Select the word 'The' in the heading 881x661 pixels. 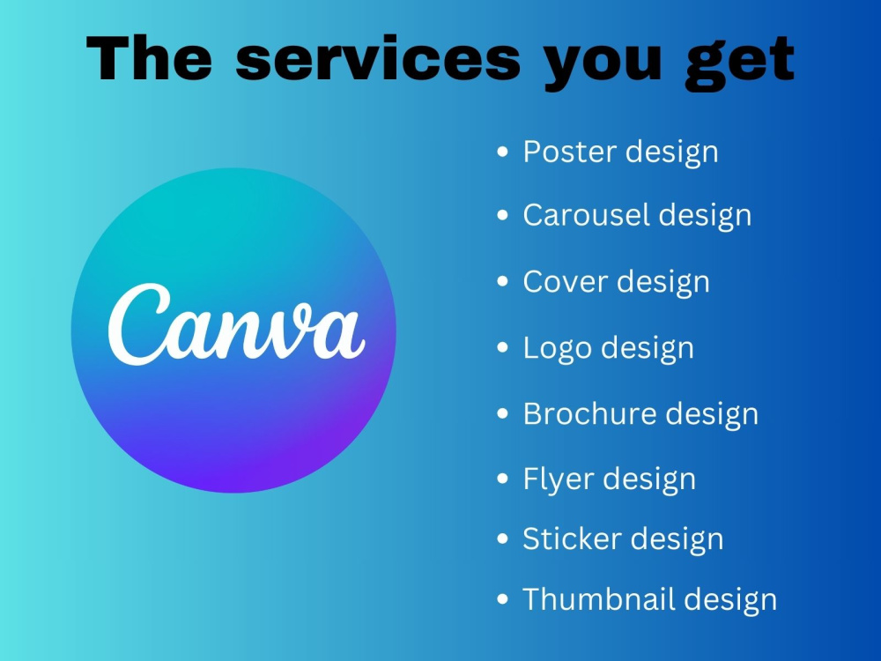150,59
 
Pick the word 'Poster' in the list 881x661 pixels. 569,151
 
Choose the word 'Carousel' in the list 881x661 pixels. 586,214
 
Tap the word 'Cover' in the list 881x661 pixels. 565,281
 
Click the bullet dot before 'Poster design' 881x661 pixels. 502,152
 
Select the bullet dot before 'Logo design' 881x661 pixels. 502,348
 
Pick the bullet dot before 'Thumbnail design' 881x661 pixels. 502,600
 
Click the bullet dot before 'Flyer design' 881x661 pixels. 502,479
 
